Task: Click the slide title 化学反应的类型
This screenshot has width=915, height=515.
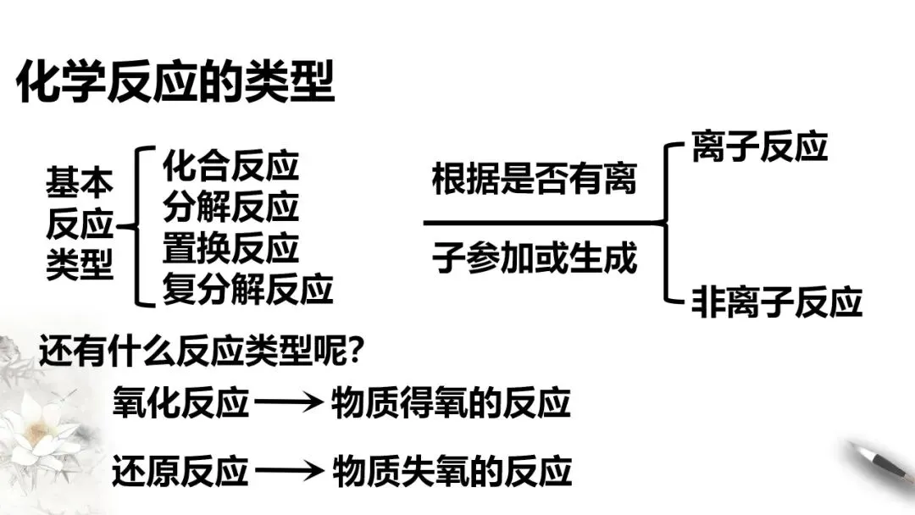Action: tap(175, 83)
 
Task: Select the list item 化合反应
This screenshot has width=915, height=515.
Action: tap(230, 166)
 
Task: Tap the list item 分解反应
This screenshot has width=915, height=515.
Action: tap(230, 208)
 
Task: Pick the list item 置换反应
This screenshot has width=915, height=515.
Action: tap(230, 248)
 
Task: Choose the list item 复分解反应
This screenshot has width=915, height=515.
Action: tap(247, 290)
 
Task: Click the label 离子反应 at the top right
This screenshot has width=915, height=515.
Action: tap(758, 147)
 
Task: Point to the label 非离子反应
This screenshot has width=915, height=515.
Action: tap(776, 301)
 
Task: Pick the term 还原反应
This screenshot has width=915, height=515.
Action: tap(180, 471)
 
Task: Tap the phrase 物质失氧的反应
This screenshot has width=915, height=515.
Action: tap(450, 471)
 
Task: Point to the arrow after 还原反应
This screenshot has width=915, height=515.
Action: tap(289, 472)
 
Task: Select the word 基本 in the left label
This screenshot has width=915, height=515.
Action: tap(79, 180)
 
